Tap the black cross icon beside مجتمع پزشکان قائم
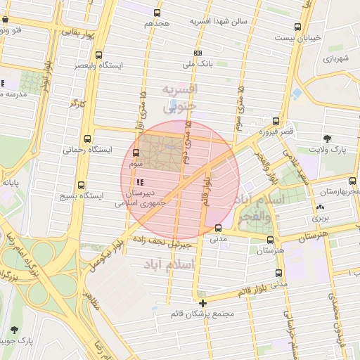(x=203, y=304)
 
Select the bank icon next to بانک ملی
(x=198, y=53)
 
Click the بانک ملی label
(x=198, y=64)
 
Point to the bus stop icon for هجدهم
(x=156, y=13)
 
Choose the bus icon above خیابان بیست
(x=298, y=27)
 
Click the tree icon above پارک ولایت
(x=327, y=139)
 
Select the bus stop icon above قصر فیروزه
(x=276, y=121)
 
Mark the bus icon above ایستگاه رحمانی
(x=87, y=139)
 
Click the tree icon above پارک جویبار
(x=15, y=329)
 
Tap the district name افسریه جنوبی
(x=180, y=98)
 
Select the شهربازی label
(x=337, y=59)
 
